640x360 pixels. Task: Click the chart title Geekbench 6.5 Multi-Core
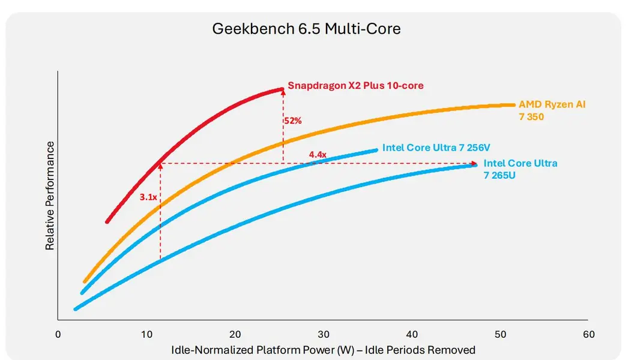coord(306,29)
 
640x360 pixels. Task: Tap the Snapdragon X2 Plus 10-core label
coord(355,86)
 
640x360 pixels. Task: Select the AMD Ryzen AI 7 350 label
coord(552,110)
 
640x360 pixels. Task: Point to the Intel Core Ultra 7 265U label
coord(521,169)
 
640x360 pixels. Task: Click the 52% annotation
coord(293,121)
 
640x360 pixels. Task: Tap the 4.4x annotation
coord(318,155)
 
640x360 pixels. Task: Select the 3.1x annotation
coord(148,197)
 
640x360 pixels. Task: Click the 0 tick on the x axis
coord(58,334)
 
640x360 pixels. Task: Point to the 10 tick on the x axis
coord(146,334)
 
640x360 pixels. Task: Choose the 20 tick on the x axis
coord(235,334)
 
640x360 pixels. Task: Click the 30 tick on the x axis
coord(324,334)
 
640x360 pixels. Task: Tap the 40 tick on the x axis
coord(412,334)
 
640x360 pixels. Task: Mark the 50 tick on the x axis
coord(500,334)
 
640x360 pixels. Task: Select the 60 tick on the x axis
coord(588,334)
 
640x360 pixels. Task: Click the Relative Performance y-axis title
coord(50,196)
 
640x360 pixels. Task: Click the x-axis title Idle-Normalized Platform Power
coord(323,350)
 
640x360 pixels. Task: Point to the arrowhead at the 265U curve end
coord(475,163)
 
